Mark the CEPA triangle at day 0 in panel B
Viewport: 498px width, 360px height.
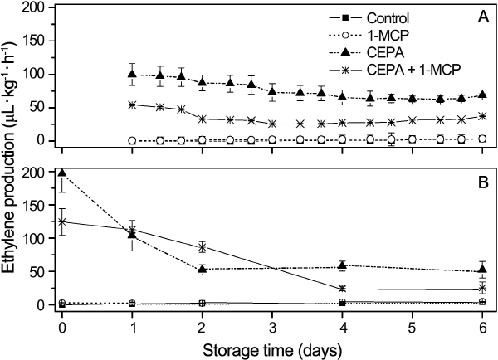point(62,173)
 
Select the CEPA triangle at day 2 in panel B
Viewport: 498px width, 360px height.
point(202,269)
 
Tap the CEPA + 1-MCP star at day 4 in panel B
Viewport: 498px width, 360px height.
point(342,289)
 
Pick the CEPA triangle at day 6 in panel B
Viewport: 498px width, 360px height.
point(482,270)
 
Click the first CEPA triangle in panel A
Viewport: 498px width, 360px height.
point(131,75)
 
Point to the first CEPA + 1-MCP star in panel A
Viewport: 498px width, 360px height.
point(131,105)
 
